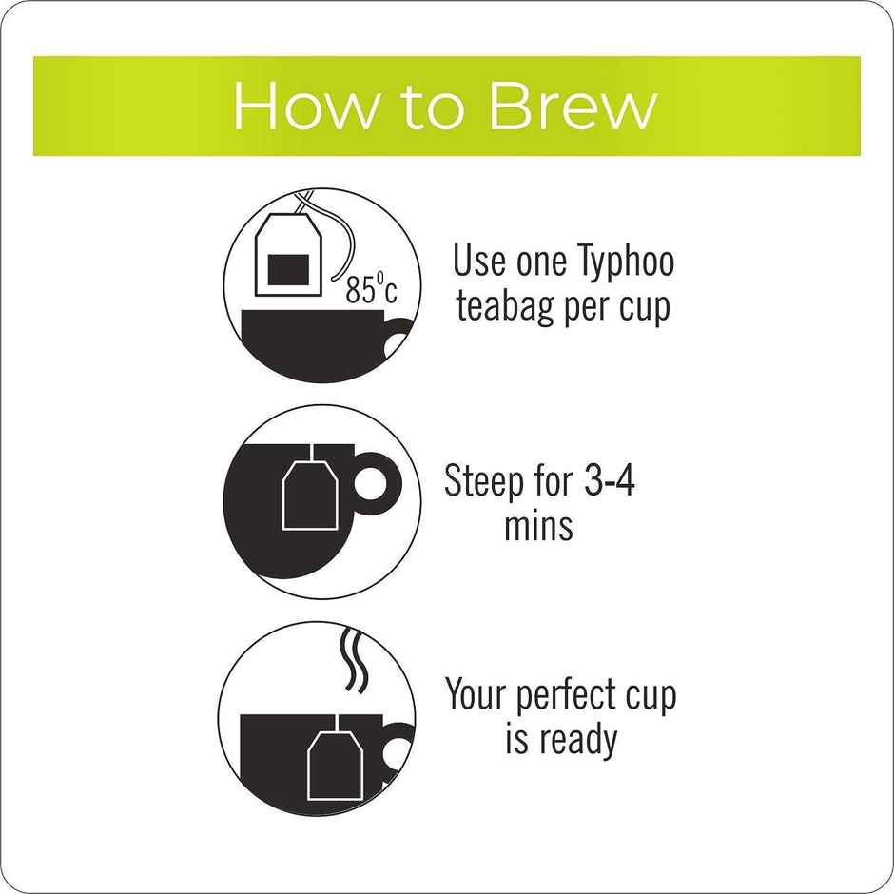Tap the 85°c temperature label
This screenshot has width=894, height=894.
click(370, 289)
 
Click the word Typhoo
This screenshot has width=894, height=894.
click(625, 262)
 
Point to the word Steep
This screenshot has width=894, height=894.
click(482, 482)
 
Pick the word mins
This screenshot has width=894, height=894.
click(538, 525)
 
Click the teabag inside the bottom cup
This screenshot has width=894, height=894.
click(335, 764)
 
